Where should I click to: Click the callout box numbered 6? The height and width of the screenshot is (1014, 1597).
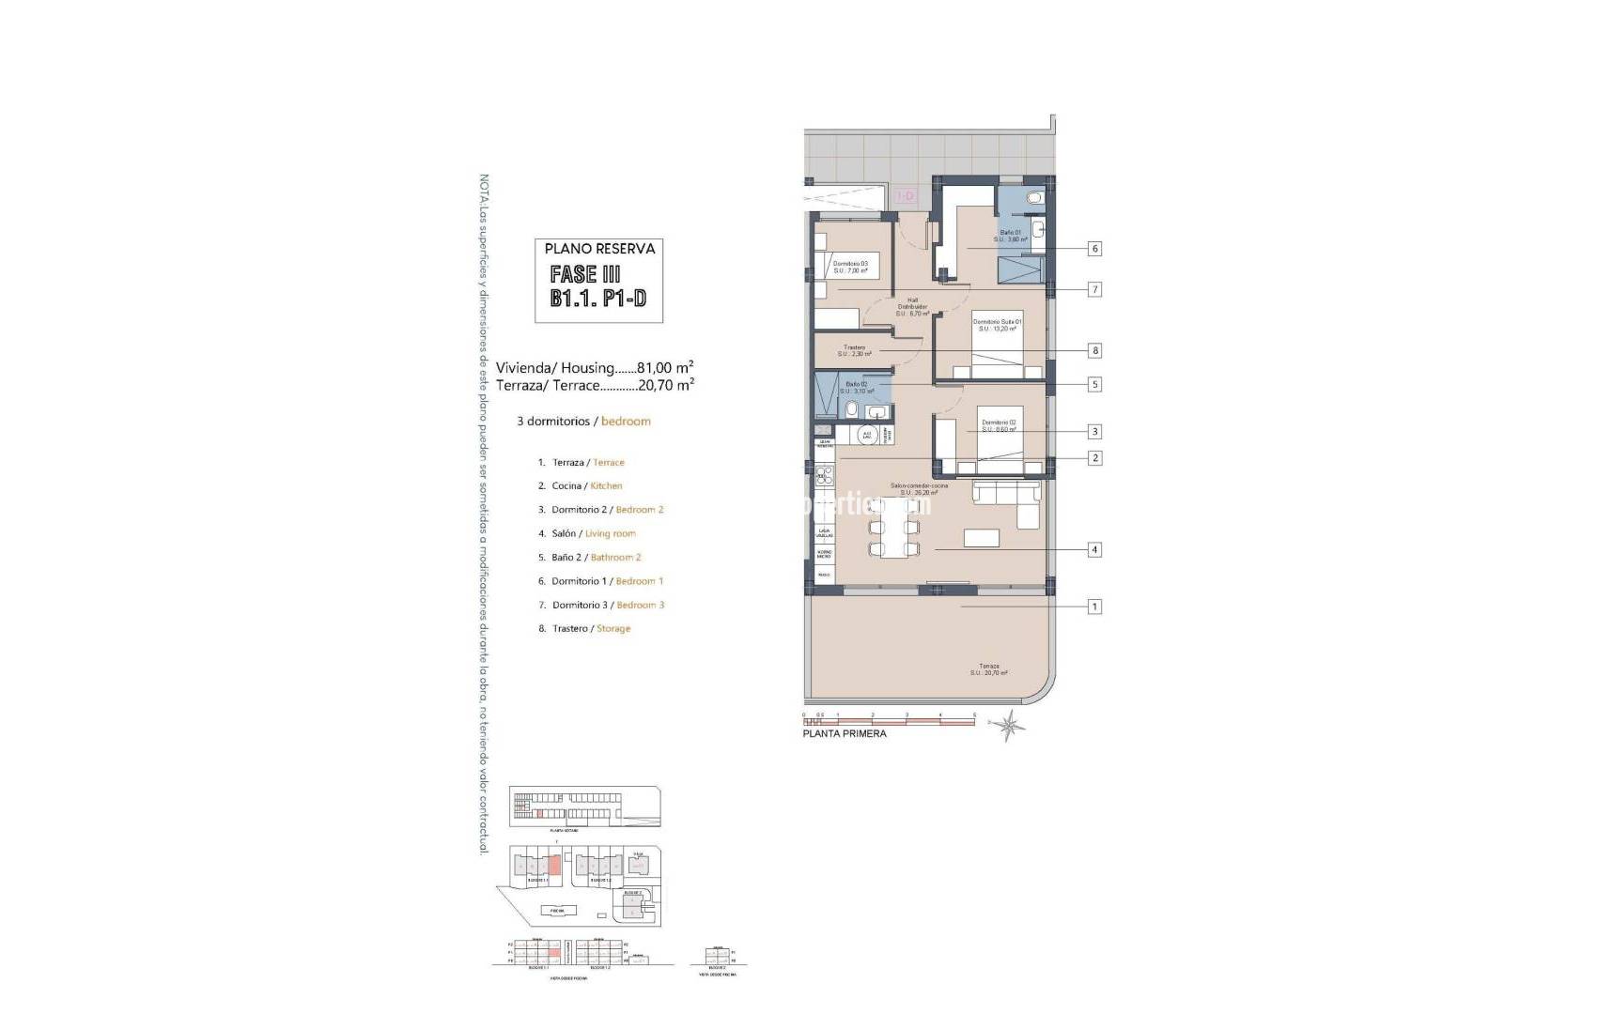click(x=1094, y=249)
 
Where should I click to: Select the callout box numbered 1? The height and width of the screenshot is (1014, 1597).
click(x=1094, y=607)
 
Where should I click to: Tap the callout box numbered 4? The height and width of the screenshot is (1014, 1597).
click(x=1094, y=549)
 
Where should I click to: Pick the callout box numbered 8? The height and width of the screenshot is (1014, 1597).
click(x=1094, y=350)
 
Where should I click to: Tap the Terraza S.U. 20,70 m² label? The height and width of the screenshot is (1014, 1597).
click(x=988, y=669)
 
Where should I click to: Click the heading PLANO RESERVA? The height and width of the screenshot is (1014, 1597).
click(x=599, y=249)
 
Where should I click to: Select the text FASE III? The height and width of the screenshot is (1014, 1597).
click(x=585, y=274)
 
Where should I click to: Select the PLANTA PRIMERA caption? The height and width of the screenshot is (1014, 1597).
click(x=844, y=733)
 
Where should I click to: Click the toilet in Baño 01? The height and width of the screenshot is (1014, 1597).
click(x=1034, y=198)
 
